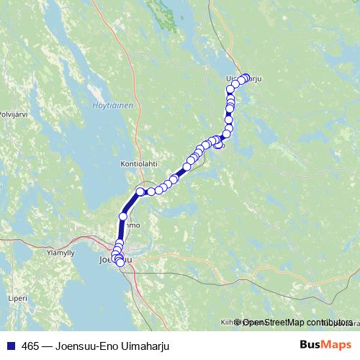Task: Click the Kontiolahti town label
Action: point(139,163)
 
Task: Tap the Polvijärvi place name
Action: point(12,114)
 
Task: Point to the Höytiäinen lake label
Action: point(113,106)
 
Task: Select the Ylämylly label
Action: point(60,253)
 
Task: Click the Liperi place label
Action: point(18,297)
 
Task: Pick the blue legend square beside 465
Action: point(12,346)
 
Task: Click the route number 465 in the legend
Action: point(30,346)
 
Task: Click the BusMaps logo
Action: point(325,346)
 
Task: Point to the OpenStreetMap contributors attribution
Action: point(295,322)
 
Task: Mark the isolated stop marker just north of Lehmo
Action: point(123,216)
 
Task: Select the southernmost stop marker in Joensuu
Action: point(120,264)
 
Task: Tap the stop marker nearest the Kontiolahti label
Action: point(141,191)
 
